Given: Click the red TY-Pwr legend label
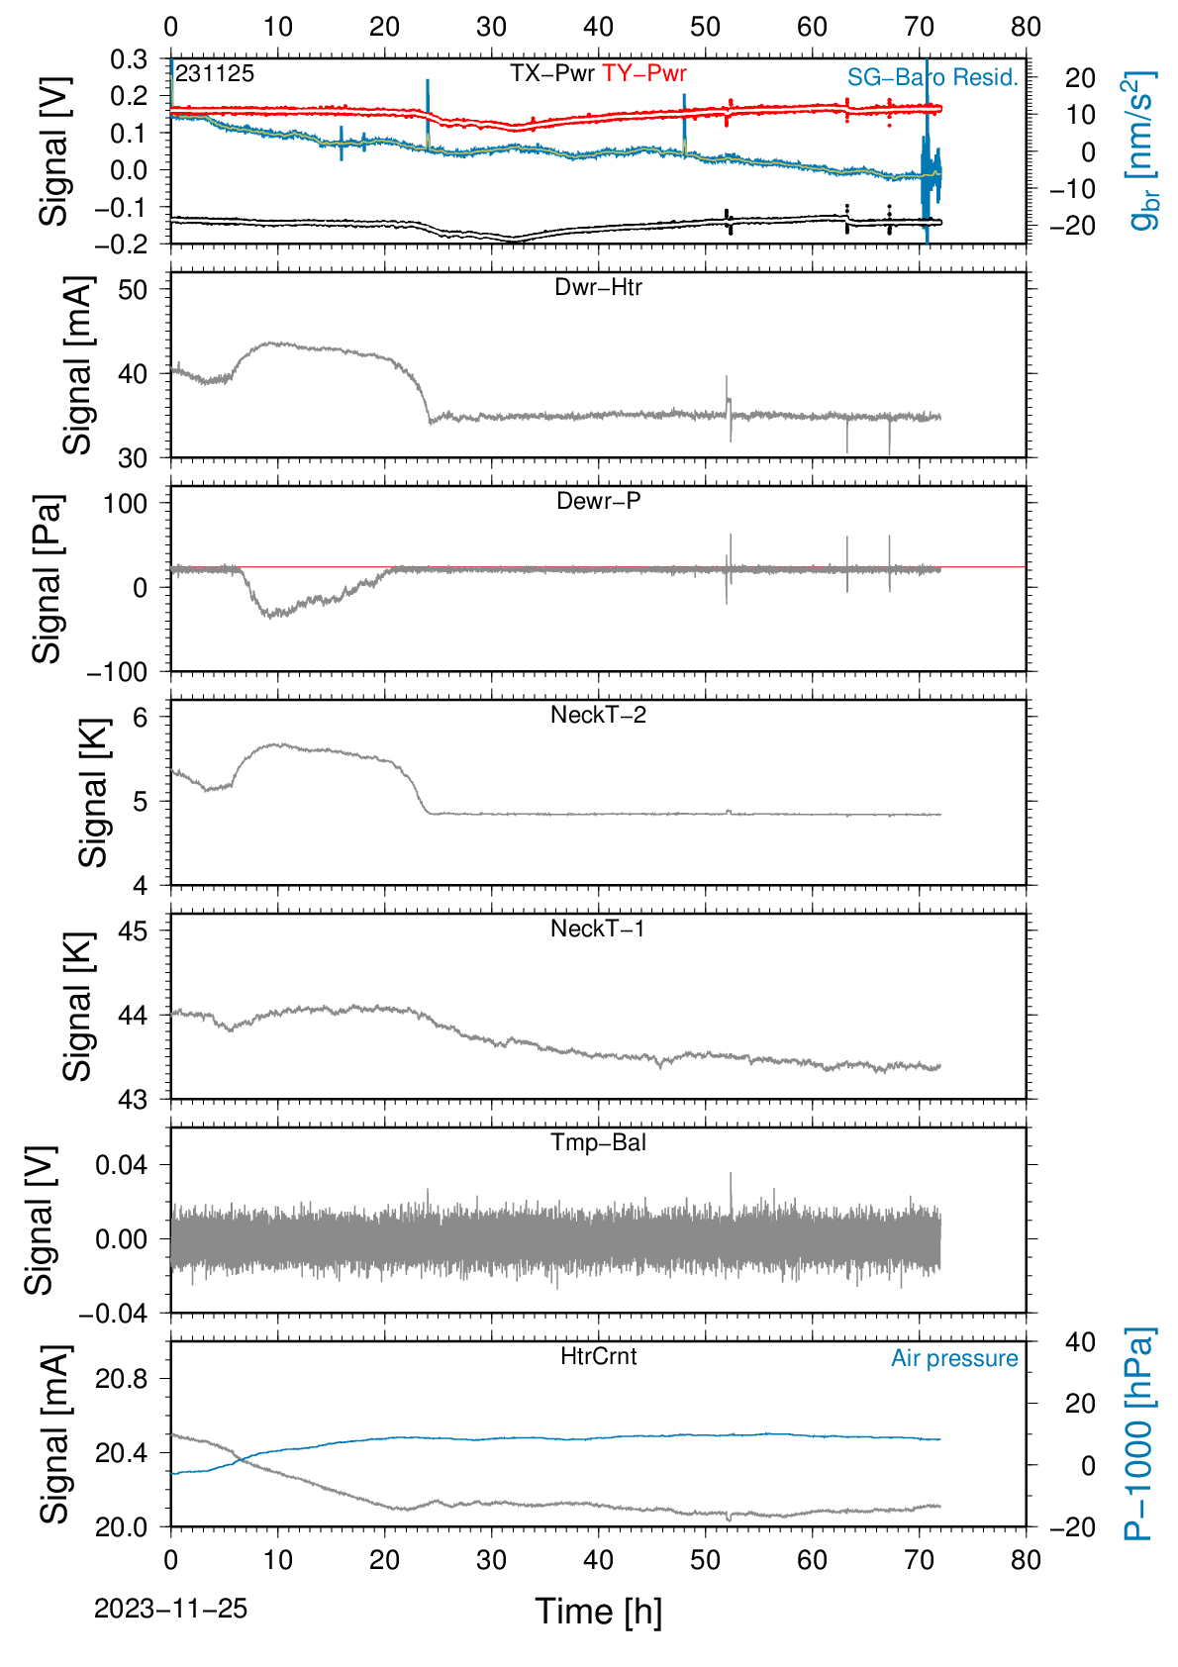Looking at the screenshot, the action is pos(643,73).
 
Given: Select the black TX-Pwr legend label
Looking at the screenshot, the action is pos(552,73).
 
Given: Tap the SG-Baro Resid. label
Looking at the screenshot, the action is pos(933,76).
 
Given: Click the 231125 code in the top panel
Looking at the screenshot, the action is pos(215,73).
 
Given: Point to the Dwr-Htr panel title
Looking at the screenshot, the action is pos(598,287).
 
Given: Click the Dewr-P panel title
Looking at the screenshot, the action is pos(598,501).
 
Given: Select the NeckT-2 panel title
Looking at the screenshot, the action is pos(598,715).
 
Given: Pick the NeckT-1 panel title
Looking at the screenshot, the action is pos(598,928).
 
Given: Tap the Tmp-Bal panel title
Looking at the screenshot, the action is pos(598,1141).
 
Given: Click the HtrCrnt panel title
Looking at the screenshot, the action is pos(598,1356).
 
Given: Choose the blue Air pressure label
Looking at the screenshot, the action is pos(954,1359).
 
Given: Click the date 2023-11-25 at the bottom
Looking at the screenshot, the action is pos(170,1609).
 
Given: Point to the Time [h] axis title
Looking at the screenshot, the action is pos(598,1612).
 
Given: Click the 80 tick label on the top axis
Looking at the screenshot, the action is pos(1026,27).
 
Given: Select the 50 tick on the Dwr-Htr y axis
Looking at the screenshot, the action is pos(134,289).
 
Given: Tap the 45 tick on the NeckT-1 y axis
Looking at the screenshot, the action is pos(134,931).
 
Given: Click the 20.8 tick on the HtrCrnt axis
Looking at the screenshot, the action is pos(122,1379).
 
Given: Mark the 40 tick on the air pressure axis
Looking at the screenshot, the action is pos(1081,1341).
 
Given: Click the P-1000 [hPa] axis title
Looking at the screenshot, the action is pos(1137,1433).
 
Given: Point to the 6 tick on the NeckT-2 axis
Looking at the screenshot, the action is pos(141,718).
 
